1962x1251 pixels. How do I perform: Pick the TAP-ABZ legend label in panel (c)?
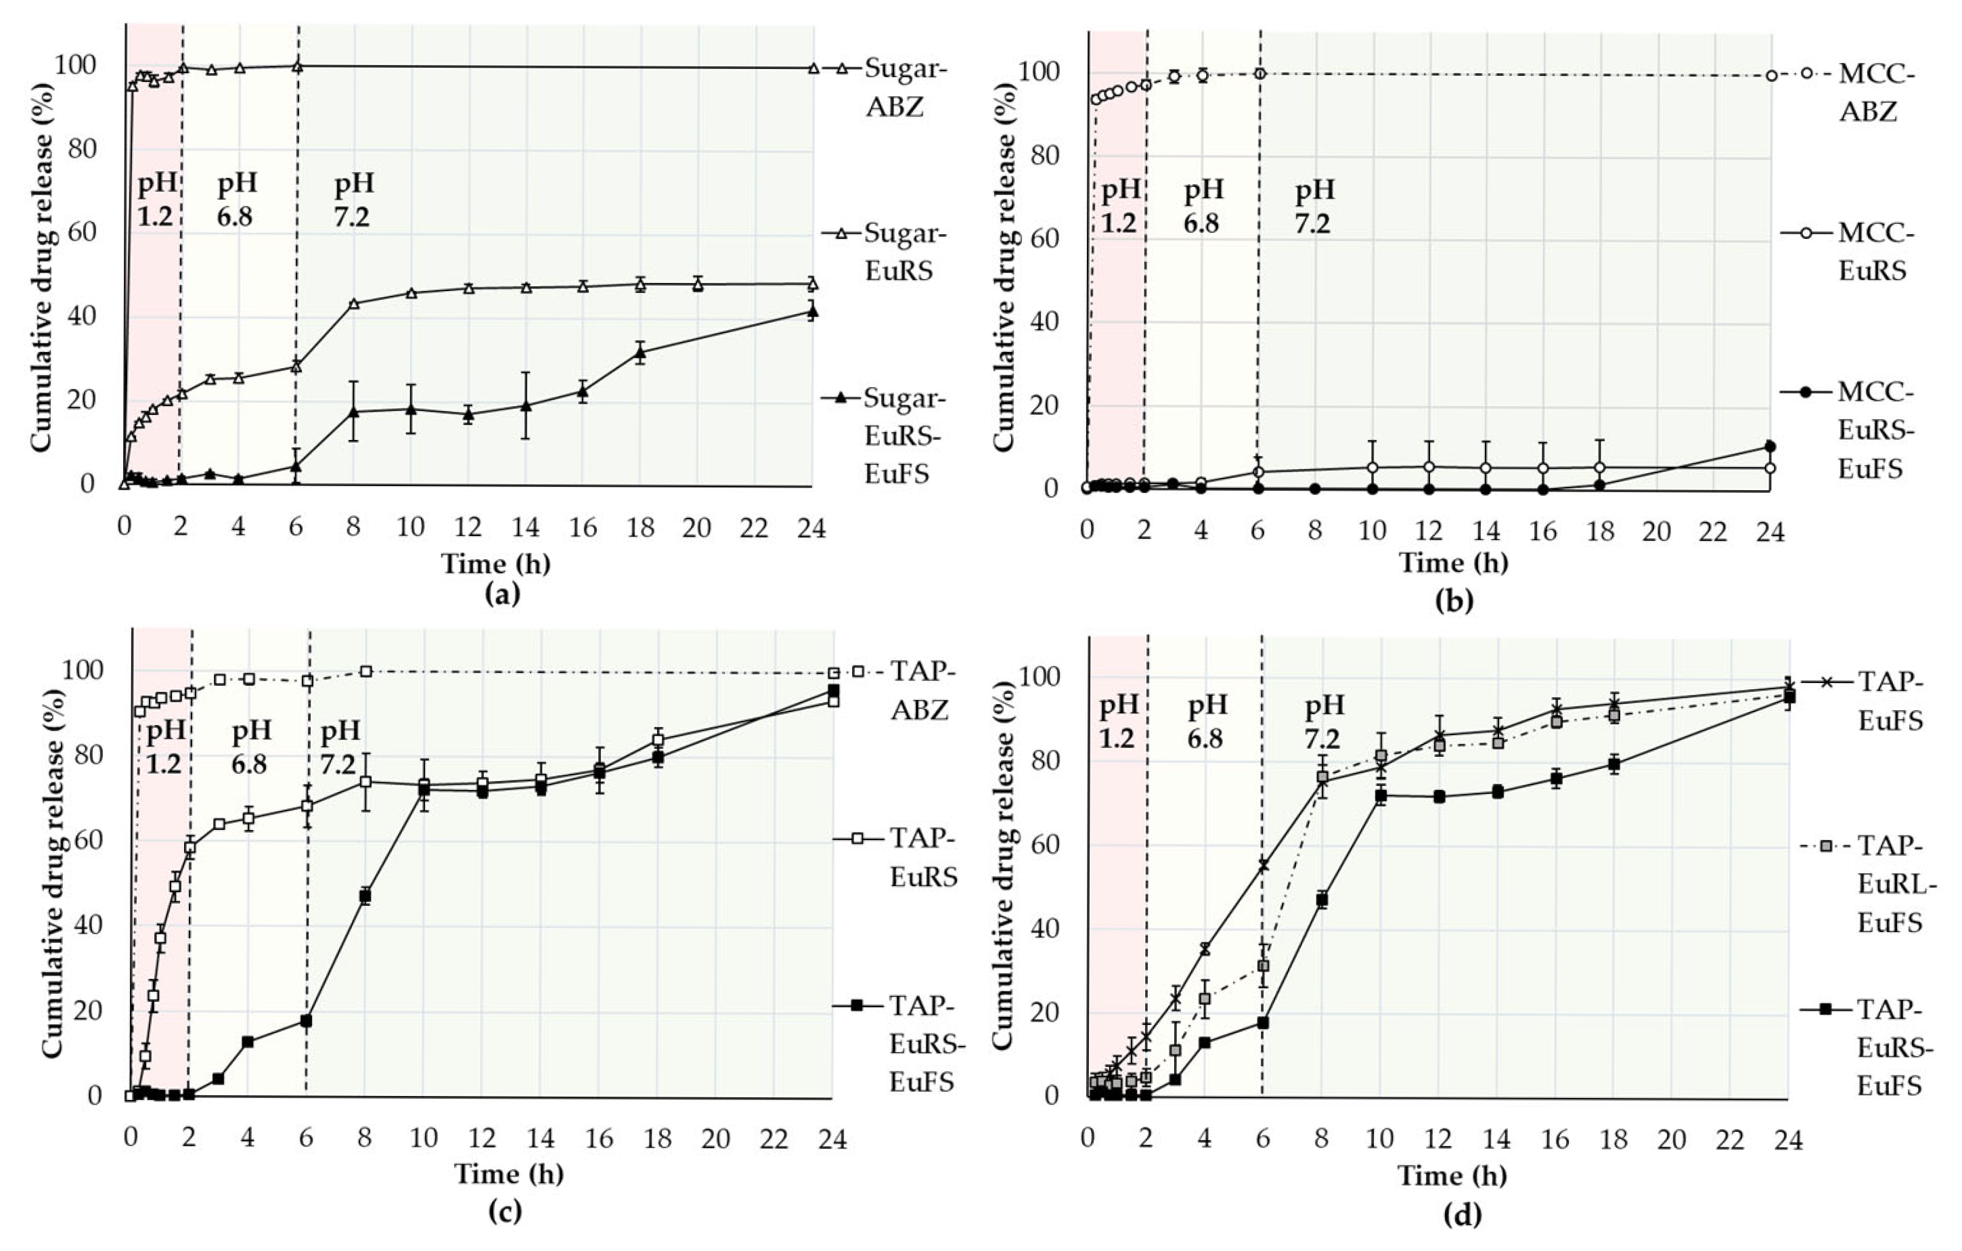coord(920,690)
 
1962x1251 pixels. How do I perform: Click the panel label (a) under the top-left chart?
coord(502,594)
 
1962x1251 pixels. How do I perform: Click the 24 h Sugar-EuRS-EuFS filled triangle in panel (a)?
coord(811,311)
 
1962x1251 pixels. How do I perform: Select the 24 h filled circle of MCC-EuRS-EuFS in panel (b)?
coord(1770,447)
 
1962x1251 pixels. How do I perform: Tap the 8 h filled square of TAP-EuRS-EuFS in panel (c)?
coord(365,896)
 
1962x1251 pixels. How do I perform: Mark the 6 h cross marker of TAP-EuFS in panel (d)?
coord(1263,866)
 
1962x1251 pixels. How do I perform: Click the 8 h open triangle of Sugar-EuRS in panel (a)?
coord(353,304)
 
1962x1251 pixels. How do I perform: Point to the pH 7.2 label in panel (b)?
coord(1314,207)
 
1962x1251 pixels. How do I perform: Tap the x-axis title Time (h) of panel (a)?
coord(495,563)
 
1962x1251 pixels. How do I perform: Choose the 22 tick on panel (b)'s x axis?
coord(1713,532)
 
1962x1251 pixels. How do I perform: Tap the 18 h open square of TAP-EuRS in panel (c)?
coord(658,740)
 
